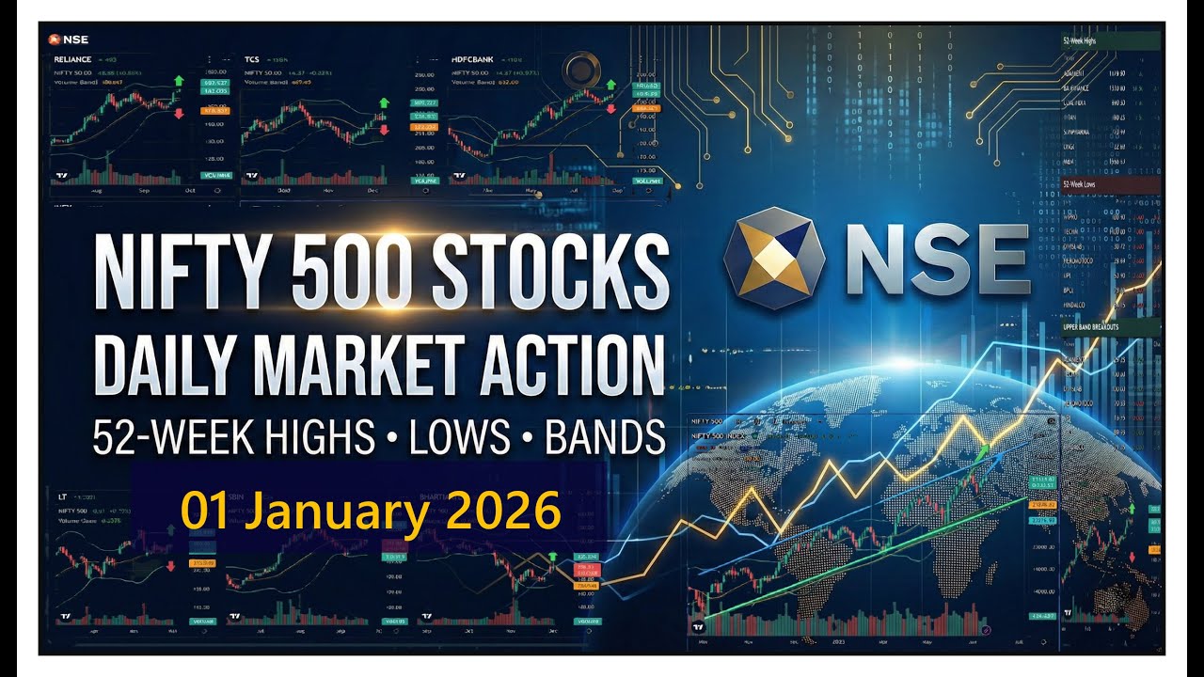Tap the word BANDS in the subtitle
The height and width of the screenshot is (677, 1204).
click(597, 437)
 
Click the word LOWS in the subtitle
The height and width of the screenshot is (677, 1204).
click(457, 437)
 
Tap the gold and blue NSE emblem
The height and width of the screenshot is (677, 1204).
click(775, 259)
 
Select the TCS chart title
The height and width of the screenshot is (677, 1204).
click(252, 58)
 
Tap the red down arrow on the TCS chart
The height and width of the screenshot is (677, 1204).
click(383, 130)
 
